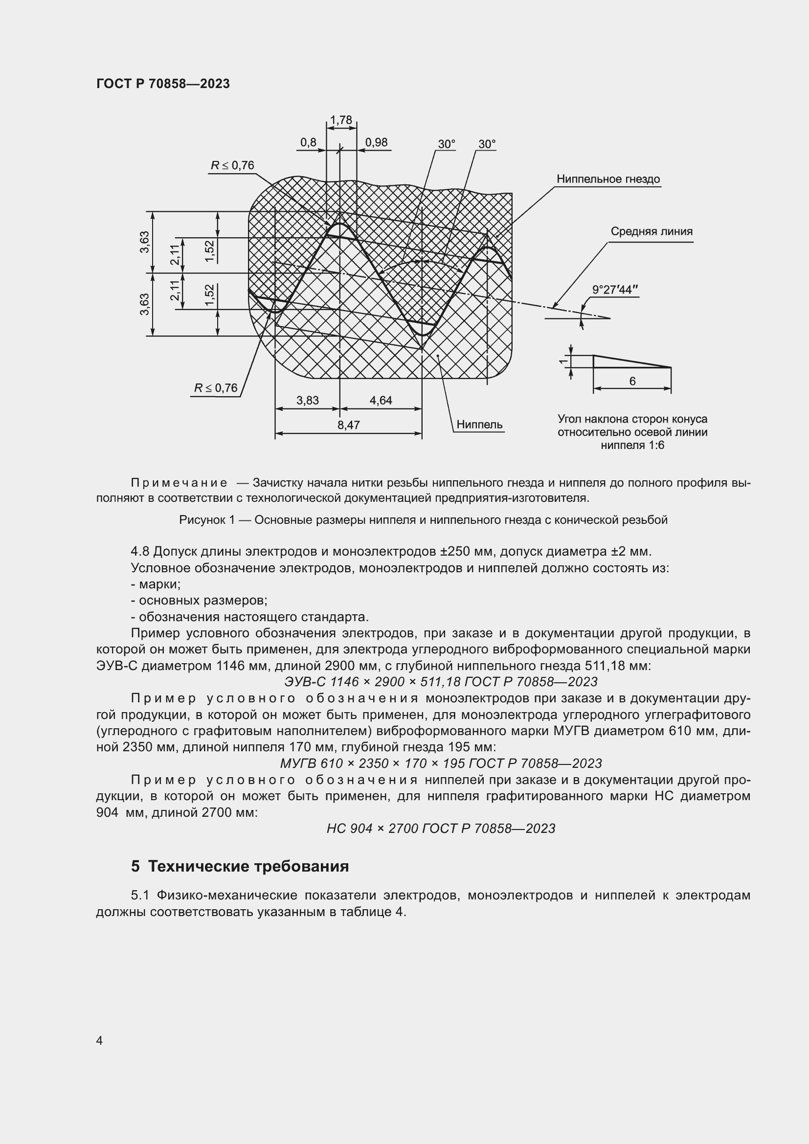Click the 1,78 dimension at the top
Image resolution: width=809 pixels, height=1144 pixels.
pos(341,120)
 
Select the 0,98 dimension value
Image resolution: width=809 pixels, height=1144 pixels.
pos(376,142)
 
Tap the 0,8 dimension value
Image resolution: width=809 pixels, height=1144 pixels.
pos(308,142)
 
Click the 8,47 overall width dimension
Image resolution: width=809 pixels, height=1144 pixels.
pos(348,425)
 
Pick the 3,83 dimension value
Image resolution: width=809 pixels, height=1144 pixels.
pos(307,400)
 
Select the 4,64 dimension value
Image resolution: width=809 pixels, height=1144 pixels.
pos(381,400)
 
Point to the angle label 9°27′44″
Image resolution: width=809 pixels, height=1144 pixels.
pos(615,290)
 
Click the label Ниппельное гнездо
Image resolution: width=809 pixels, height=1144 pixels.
pos(608,179)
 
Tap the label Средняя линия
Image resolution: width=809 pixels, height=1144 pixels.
pos(652,231)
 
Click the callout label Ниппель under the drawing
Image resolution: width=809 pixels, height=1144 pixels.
pos(479,425)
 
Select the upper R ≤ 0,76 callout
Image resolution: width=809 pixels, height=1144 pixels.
pos(232,165)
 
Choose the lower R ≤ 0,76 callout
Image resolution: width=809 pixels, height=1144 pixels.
pos(216,388)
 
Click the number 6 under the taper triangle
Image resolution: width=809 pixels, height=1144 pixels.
pos(632,381)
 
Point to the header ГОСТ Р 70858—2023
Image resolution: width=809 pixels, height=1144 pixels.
pos(163,84)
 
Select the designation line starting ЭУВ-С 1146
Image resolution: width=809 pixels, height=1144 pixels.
pos(440,681)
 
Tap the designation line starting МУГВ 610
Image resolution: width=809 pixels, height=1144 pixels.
pos(440,763)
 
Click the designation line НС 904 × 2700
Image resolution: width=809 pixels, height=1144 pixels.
pos(440,828)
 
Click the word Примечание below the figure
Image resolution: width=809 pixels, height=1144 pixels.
pos(179,483)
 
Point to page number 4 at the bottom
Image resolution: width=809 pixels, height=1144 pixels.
pos(99,1040)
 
